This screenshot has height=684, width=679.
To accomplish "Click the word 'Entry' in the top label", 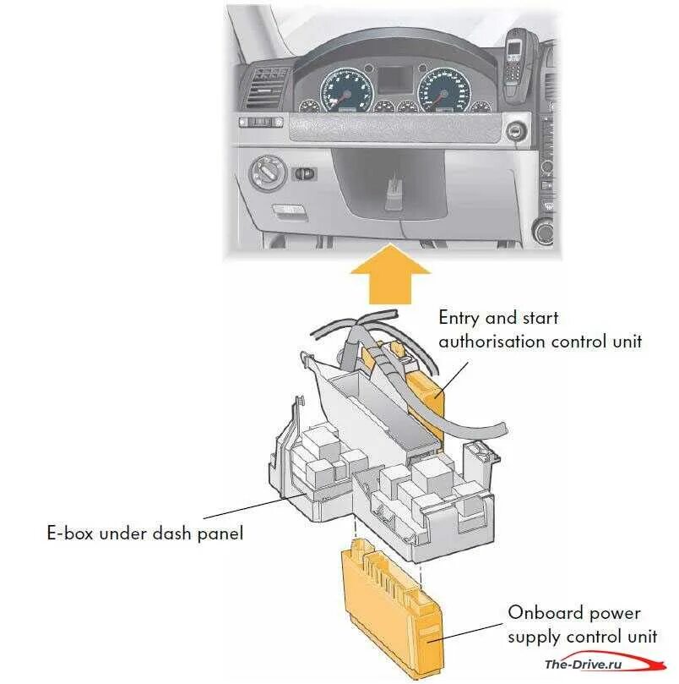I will pos(459,320).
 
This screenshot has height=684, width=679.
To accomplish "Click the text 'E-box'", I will pos(71,534).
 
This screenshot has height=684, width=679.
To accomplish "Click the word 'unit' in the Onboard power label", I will pos(641,636).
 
